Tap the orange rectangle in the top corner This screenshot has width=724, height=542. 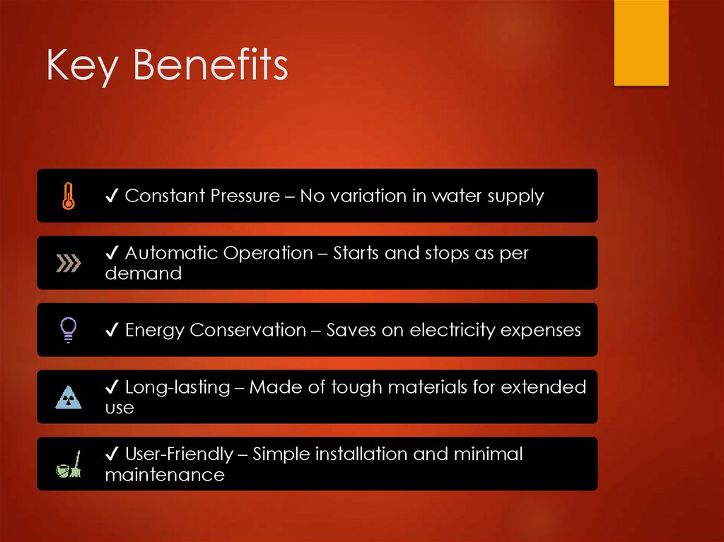[x=641, y=43]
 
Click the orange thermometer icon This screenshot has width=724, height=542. [x=69, y=196]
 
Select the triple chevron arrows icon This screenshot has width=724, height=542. [x=69, y=264]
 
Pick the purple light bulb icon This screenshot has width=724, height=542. [x=69, y=329]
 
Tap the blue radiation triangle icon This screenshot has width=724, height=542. [x=69, y=397]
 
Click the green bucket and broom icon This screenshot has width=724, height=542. [x=69, y=464]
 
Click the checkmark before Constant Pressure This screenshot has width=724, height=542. [x=112, y=196]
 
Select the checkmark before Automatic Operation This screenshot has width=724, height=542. [x=112, y=253]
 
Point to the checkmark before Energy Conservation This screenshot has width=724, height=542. [x=112, y=330]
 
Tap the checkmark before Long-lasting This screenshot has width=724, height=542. [x=112, y=387]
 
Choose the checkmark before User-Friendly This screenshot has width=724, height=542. [x=112, y=454]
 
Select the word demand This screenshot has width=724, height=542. [x=143, y=273]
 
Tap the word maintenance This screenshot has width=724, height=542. [x=164, y=475]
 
